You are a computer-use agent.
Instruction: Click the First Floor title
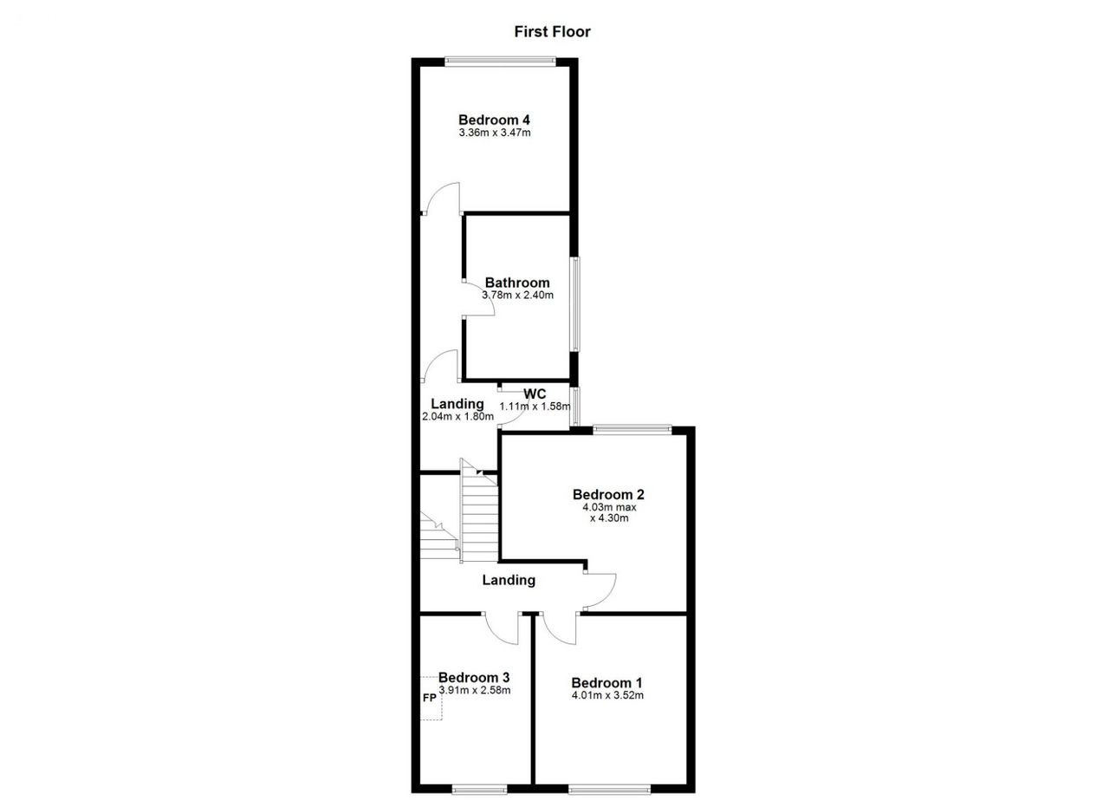pyautogui.click(x=552, y=32)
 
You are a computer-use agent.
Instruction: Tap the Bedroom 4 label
pyautogui.click(x=494, y=120)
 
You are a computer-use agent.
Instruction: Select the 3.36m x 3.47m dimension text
pyautogui.click(x=495, y=133)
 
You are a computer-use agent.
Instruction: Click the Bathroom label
pyautogui.click(x=517, y=283)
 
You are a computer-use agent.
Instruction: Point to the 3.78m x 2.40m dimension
pyautogui.click(x=518, y=296)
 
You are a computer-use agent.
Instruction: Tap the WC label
pyautogui.click(x=535, y=394)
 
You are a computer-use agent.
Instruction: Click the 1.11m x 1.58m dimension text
pyautogui.click(x=535, y=407)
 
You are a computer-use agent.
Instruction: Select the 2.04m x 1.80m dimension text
pyautogui.click(x=457, y=417)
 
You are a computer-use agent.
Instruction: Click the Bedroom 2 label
pyautogui.click(x=608, y=494)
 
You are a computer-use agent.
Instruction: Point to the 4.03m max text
pyautogui.click(x=609, y=507)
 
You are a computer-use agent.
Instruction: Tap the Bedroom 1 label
pyautogui.click(x=607, y=683)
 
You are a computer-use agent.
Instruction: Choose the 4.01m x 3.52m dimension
pyautogui.click(x=607, y=695)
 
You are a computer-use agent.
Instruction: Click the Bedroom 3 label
pyautogui.click(x=474, y=677)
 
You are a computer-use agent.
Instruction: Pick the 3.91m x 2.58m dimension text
pyautogui.click(x=474, y=690)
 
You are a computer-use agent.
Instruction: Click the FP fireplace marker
pyautogui.click(x=429, y=698)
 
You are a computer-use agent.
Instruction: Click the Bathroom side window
pyautogui.click(x=574, y=304)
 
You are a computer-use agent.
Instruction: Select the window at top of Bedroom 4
pyautogui.click(x=500, y=62)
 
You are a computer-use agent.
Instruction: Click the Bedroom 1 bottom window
pyautogui.click(x=609, y=789)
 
